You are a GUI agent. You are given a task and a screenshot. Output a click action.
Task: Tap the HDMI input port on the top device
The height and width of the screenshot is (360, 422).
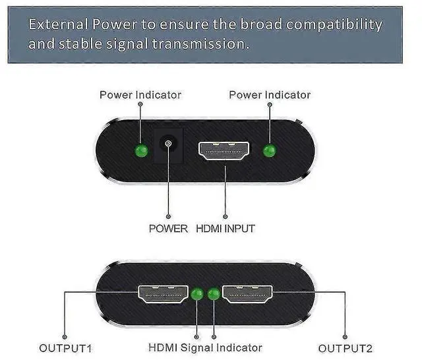pyautogui.click(x=225, y=150)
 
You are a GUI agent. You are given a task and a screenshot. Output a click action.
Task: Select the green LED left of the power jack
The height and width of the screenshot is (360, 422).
pyautogui.click(x=140, y=151)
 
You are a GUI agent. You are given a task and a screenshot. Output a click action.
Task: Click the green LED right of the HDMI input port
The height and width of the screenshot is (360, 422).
pyautogui.click(x=268, y=151)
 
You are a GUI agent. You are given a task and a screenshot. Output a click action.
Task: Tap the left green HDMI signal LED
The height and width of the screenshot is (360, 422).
pyautogui.click(x=197, y=294)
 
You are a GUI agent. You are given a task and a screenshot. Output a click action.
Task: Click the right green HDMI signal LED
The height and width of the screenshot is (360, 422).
pyautogui.click(x=213, y=294)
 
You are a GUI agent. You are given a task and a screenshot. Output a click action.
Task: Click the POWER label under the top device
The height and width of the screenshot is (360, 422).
pyautogui.click(x=168, y=229)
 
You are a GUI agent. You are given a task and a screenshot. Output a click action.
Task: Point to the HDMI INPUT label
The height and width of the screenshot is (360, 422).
pyautogui.click(x=226, y=229)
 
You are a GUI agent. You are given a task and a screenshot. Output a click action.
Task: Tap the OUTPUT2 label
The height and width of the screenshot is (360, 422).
pyautogui.click(x=346, y=348)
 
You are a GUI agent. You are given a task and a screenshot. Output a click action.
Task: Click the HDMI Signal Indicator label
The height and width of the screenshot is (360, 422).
pyautogui.click(x=205, y=347)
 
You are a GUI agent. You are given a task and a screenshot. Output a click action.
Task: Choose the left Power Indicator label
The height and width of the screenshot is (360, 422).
pyautogui.click(x=140, y=95)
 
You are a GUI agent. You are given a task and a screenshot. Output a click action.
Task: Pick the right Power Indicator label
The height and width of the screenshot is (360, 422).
pyautogui.click(x=270, y=95)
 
